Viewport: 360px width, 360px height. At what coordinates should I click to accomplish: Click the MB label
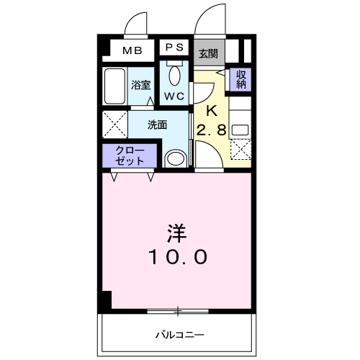(x=131, y=50)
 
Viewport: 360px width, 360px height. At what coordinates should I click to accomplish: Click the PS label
(x=175, y=48)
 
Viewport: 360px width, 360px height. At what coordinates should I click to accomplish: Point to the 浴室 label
(x=140, y=85)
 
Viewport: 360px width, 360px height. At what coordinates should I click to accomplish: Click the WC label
(x=174, y=96)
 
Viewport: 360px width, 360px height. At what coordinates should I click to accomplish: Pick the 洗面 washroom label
(x=158, y=124)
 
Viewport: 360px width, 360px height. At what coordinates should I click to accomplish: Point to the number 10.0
(x=178, y=256)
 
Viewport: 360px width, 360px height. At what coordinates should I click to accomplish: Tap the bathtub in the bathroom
(x=114, y=88)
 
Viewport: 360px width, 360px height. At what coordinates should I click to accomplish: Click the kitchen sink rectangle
(x=240, y=130)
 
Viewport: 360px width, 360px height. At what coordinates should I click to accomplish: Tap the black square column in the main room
(x=106, y=300)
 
